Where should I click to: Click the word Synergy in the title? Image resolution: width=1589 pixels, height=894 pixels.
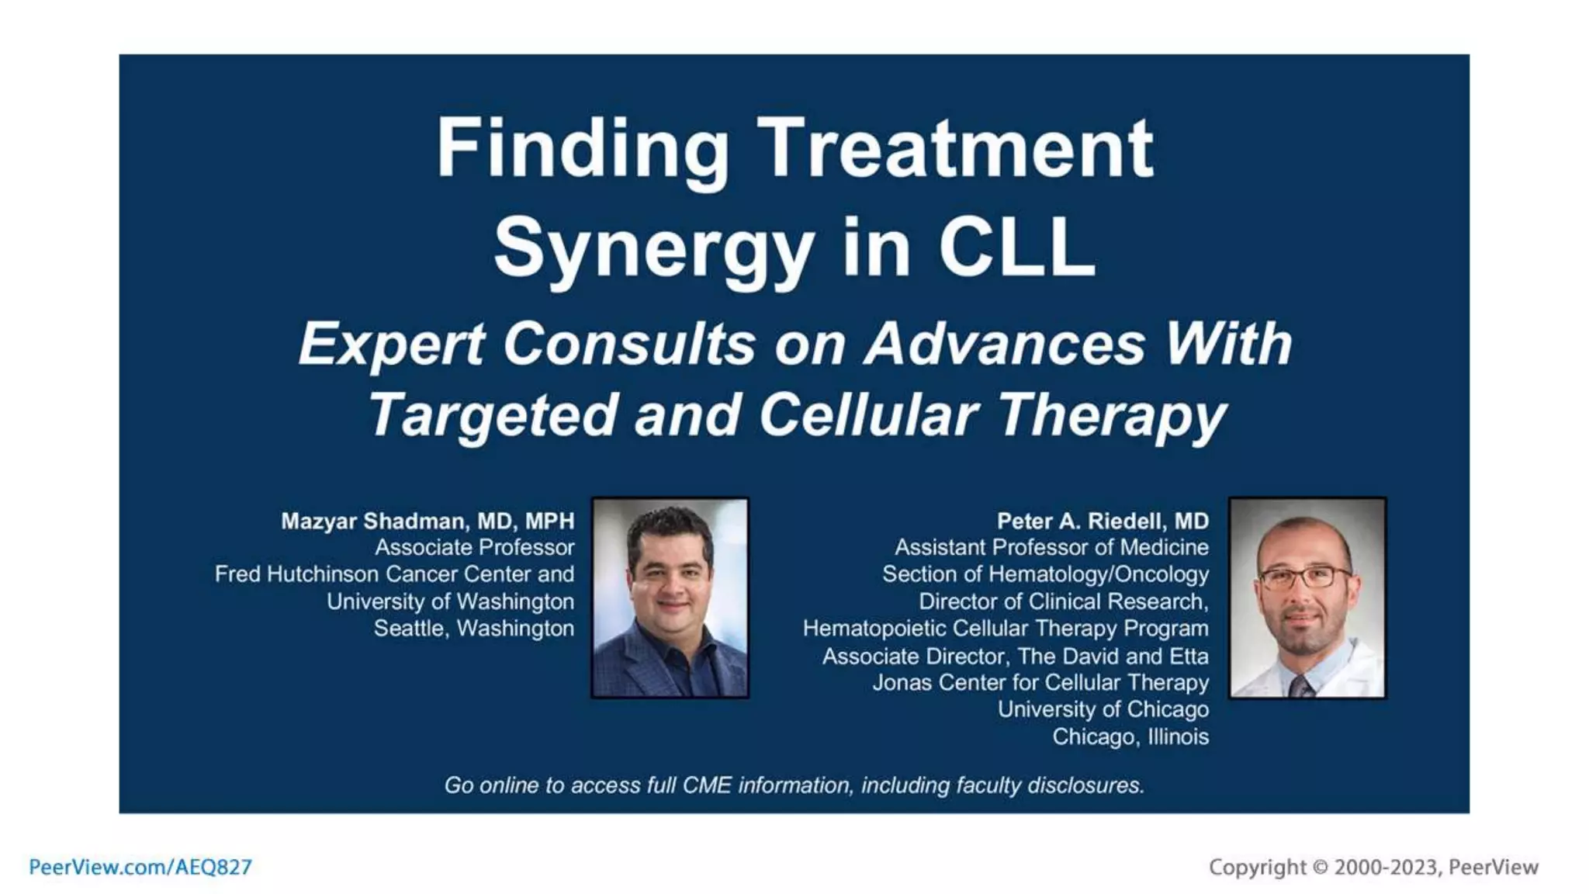pos(653,248)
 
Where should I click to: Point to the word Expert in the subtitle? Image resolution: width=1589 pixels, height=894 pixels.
pos(392,344)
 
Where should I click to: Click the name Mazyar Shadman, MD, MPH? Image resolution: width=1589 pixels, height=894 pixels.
pos(428,521)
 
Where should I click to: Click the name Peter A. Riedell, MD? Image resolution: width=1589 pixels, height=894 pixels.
pos(1103,521)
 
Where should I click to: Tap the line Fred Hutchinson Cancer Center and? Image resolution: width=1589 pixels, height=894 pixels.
pos(394,574)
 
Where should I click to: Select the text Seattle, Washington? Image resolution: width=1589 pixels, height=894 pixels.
pos(473,628)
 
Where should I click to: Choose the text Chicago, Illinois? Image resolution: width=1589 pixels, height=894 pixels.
pos(1130,736)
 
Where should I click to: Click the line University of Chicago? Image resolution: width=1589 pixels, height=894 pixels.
pos(1103,709)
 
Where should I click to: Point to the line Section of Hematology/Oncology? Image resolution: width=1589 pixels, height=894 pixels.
pos(1044,574)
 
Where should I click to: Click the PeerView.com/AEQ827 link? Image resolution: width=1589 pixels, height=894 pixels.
pos(140,867)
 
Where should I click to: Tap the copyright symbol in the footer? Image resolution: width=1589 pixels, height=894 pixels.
pos(1320,867)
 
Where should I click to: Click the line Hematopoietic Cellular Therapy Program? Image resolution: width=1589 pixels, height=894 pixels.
pos(1006,628)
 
